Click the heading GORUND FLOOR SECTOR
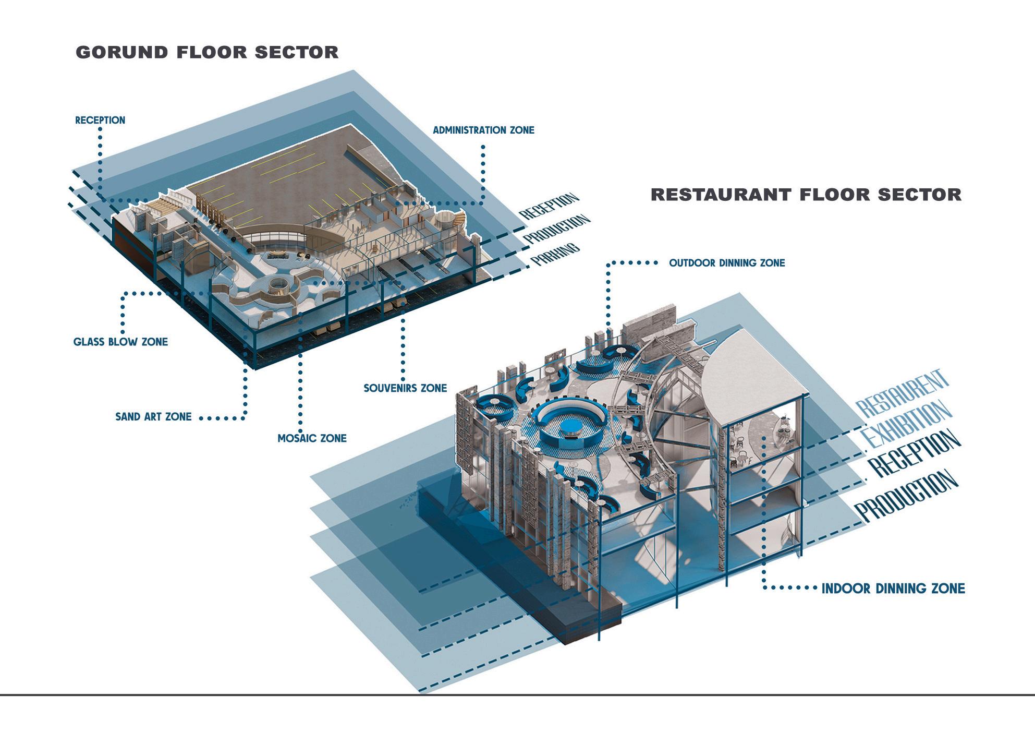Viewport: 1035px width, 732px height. (207, 52)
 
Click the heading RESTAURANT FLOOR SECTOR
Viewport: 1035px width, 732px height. (806, 195)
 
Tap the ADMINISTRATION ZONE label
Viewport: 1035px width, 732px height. (483, 130)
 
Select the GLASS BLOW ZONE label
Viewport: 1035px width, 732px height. (120, 342)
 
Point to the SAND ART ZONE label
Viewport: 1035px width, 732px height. (153, 417)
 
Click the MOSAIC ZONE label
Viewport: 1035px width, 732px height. (312, 438)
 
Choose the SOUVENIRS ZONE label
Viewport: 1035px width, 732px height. (405, 388)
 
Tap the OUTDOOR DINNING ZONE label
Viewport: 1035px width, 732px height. (727, 263)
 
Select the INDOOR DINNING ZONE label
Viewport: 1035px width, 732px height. (893, 589)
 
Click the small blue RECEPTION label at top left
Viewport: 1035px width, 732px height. (100, 120)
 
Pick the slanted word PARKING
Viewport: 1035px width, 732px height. (555, 254)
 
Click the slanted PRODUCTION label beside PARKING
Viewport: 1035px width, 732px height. (556, 230)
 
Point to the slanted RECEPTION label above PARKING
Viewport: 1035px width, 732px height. (549, 206)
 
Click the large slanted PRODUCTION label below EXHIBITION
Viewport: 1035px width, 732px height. (907, 496)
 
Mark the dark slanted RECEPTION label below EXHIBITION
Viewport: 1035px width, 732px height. (912, 453)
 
